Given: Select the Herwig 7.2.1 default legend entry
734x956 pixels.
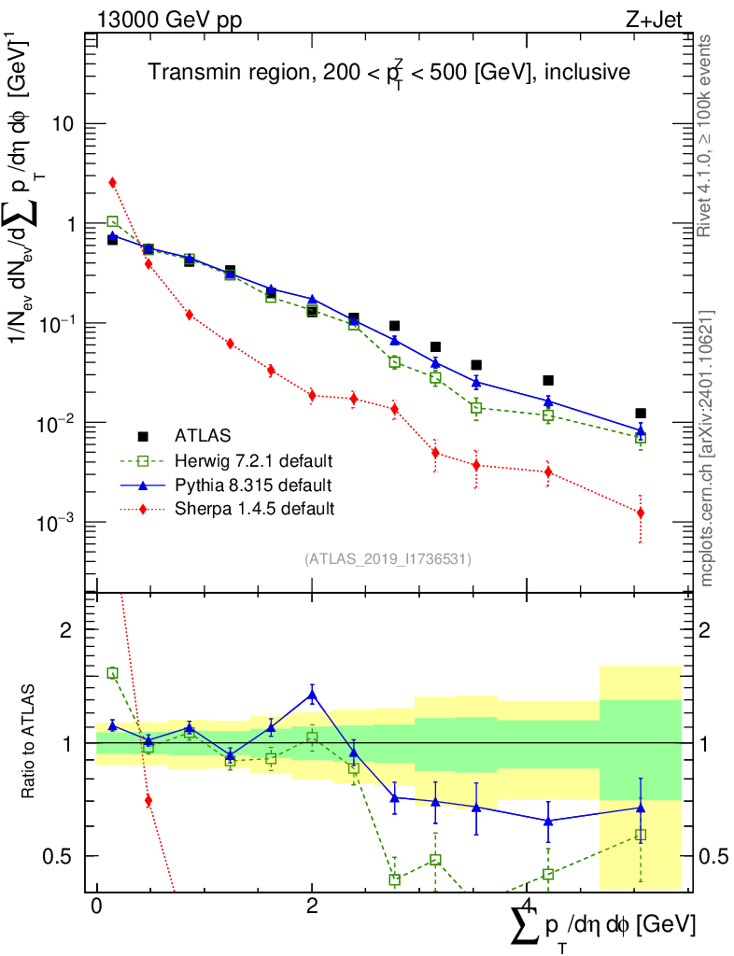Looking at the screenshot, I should point(253,460).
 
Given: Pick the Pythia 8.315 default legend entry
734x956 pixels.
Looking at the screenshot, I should point(252,485).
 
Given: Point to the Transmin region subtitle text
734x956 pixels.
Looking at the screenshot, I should point(388,73).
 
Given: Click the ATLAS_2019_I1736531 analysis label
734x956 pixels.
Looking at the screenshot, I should point(388,559).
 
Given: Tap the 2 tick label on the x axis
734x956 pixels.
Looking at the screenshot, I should point(312,907).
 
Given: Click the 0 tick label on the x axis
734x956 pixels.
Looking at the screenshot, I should point(96,907).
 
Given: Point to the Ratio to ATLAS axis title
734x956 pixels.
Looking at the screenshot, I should point(31,742).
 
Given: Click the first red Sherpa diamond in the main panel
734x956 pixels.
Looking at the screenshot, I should point(112,182).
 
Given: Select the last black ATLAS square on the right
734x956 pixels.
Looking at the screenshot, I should point(641,413).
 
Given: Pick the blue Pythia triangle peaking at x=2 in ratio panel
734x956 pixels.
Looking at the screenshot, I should point(312,694).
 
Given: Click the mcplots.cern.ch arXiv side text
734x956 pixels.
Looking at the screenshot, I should point(707,448).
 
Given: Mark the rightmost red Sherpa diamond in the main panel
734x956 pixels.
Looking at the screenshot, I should point(641,513).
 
